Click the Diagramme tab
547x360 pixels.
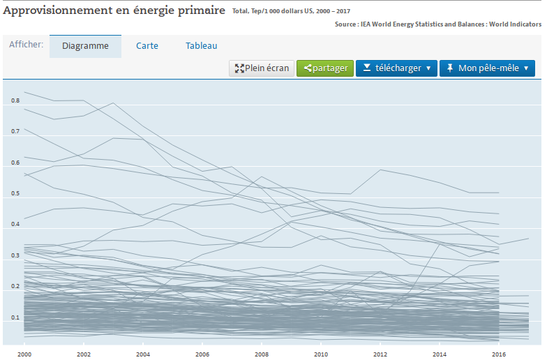click(85, 46)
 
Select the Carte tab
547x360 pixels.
click(147, 46)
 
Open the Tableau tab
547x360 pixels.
click(201, 46)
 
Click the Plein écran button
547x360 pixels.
click(262, 68)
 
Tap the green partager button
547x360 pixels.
click(325, 68)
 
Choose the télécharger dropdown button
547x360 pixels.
click(396, 68)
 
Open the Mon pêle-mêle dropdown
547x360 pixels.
click(487, 68)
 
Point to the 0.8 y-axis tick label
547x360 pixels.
click(15, 100)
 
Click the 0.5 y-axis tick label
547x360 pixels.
click(15, 193)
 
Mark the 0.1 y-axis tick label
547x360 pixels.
click(15, 317)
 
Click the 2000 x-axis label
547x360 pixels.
click(24, 354)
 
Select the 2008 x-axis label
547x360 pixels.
click(262, 354)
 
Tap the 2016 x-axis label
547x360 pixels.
click(499, 354)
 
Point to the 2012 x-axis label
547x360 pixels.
click(380, 354)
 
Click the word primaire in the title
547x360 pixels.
click(201, 11)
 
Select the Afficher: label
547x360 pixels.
click(27, 45)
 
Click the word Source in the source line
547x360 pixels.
click(345, 24)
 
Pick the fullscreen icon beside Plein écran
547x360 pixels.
click(239, 68)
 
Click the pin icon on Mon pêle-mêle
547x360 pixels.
click(450, 68)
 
